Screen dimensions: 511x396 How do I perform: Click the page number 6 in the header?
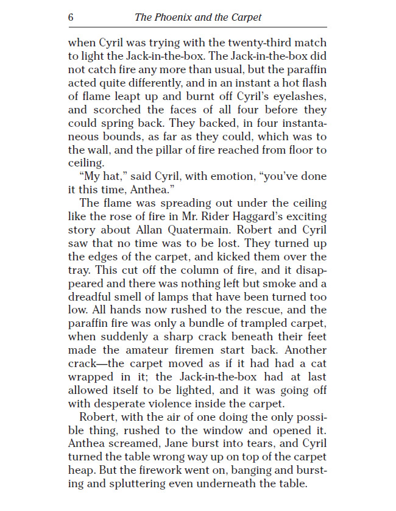point(71,17)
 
